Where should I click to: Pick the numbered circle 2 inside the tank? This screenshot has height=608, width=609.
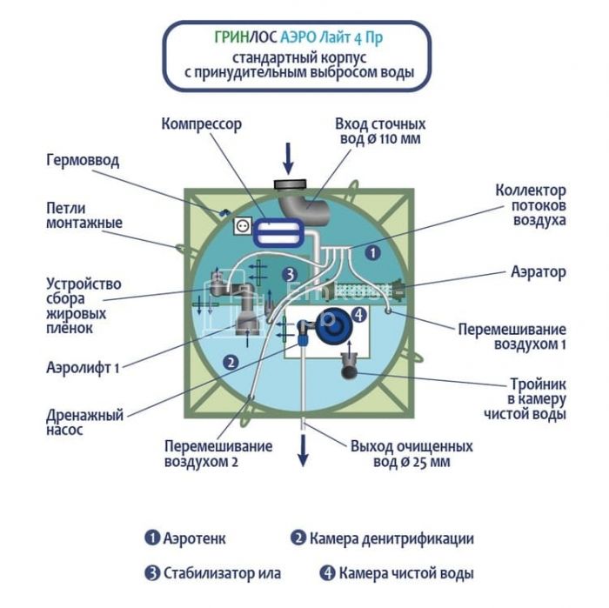tap(231, 361)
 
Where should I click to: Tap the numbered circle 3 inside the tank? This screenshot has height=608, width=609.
tap(291, 274)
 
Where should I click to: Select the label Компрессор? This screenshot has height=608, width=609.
tap(201, 124)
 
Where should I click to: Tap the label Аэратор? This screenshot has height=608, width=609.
tap(539, 272)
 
